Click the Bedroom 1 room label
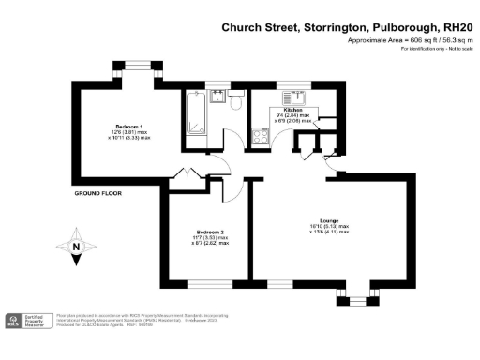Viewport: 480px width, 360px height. point(129,127)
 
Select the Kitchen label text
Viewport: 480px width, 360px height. point(292,110)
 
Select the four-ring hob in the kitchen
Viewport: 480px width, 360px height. point(260,134)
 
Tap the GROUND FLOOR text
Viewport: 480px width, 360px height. point(97,193)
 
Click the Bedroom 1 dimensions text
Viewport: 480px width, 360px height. point(129,136)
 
